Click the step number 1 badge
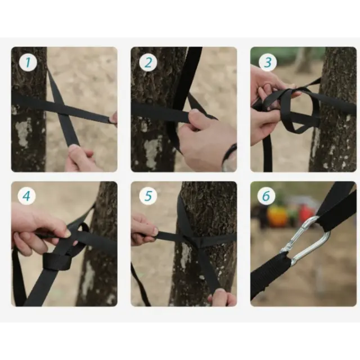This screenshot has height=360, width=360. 28,62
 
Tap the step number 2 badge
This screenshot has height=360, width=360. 148,62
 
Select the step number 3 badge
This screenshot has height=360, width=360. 268,62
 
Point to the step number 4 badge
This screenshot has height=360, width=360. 27,196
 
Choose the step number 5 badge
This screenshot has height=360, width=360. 148,196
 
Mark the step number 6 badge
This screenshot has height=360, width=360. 266,196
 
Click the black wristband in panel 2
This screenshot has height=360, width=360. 229,153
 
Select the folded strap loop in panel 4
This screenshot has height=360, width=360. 56,261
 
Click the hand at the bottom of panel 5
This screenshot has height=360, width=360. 222,297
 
